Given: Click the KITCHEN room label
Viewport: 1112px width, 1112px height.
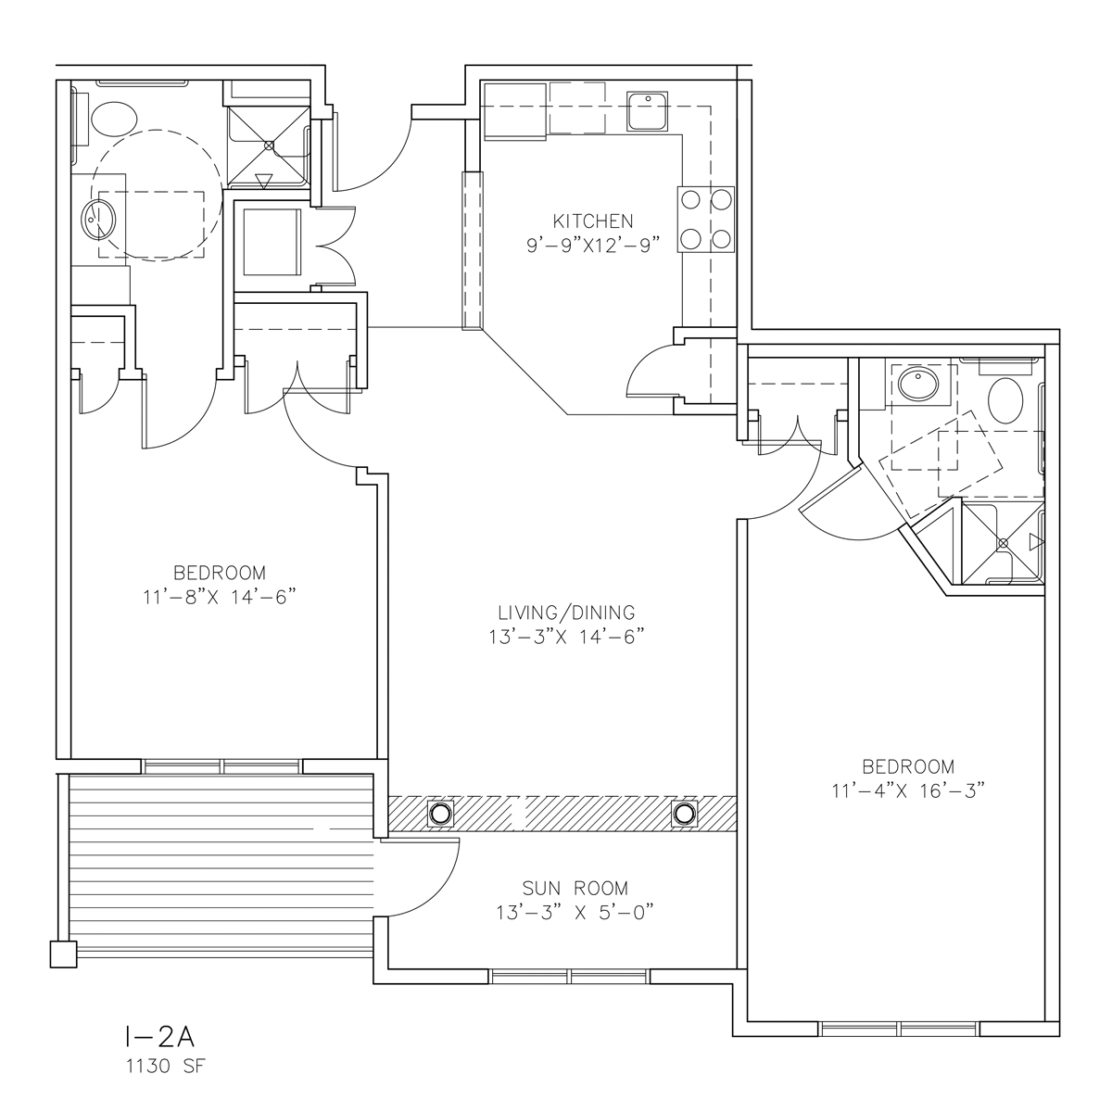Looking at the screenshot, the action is tap(593, 221).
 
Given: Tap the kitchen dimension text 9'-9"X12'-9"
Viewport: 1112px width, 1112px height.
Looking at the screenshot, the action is tap(593, 246).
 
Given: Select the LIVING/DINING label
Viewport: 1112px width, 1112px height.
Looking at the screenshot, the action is tap(566, 613).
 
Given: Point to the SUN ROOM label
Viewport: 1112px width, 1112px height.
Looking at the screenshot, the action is tap(575, 888).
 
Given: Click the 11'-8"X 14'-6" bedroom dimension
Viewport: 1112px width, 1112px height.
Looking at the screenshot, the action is tap(220, 598).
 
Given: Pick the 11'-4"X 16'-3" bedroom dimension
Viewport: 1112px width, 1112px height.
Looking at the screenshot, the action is tap(908, 790).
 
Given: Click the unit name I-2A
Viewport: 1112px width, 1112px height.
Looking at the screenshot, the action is tap(159, 1038).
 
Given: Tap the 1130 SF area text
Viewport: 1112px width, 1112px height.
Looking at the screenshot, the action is tap(166, 1067).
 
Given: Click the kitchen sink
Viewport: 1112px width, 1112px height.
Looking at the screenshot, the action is tap(648, 111).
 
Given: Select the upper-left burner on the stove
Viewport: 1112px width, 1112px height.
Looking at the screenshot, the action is tap(690, 200).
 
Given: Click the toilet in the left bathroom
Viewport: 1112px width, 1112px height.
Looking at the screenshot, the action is tap(114, 120).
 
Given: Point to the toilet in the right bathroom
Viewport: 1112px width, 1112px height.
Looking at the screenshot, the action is tap(1005, 401).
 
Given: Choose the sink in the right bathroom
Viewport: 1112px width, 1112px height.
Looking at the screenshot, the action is tap(918, 385).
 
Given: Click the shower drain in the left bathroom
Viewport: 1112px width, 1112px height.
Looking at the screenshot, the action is tap(270, 146).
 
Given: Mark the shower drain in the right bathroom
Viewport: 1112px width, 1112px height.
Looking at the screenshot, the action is tap(1004, 543).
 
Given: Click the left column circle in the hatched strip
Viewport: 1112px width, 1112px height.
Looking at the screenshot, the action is tap(440, 814).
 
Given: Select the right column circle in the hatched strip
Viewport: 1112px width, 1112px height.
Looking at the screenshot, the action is tap(685, 814).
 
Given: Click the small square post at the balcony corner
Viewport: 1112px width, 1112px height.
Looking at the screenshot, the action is tap(64, 954).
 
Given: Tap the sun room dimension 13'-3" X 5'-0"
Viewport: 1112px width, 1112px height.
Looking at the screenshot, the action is tap(575, 913).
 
